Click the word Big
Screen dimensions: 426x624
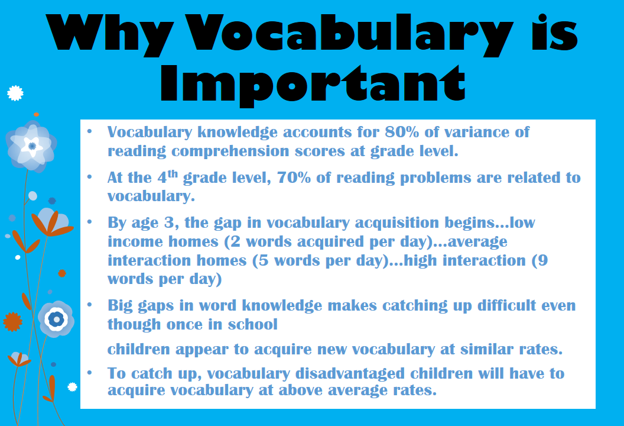pyautogui.click(x=120, y=306)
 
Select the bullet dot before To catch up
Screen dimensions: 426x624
pyautogui.click(x=89, y=373)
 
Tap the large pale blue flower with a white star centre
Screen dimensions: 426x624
pyautogui.click(x=31, y=145)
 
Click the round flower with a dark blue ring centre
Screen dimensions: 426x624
pyautogui.click(x=56, y=319)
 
